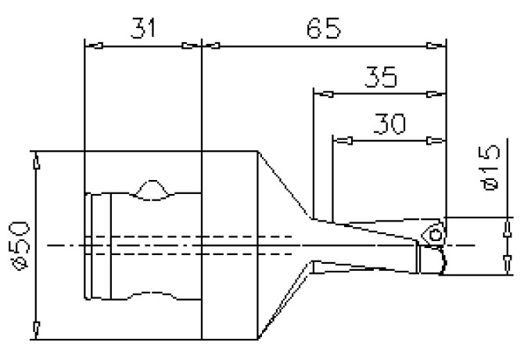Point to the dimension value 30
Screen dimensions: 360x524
pyautogui.click(x=389, y=124)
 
